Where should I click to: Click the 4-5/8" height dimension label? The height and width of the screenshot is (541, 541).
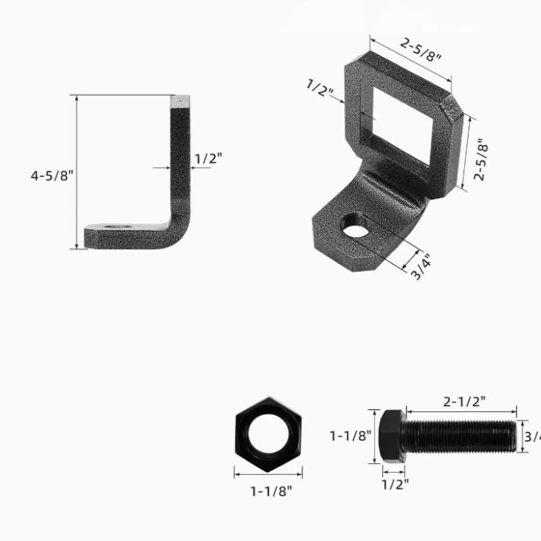[52, 176]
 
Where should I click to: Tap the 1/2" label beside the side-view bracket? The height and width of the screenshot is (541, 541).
[208, 158]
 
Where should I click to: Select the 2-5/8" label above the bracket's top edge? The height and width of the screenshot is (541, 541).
[421, 49]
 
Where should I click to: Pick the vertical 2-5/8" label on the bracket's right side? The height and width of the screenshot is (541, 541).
[481, 159]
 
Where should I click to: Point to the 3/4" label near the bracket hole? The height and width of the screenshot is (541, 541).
[421, 267]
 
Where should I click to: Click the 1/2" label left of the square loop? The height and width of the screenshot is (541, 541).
[320, 88]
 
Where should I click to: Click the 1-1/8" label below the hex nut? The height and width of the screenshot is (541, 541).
[270, 491]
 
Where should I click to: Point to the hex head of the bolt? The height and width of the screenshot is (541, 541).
[391, 436]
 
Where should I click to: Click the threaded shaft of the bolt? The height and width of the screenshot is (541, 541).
[460, 436]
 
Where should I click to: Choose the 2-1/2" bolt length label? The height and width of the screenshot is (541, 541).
[464, 402]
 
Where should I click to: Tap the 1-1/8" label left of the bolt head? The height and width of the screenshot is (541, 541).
[350, 436]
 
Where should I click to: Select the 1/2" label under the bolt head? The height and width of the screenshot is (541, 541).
[395, 485]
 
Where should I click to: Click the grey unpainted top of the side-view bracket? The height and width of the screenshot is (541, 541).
[180, 101]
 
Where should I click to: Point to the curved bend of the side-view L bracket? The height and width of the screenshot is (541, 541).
[179, 230]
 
